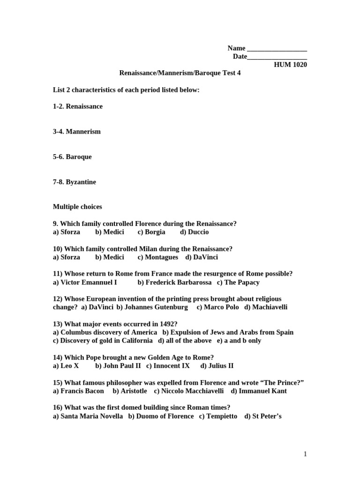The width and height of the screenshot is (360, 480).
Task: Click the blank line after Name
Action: pyautogui.click(x=277, y=49)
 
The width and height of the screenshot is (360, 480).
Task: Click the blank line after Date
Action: pyautogui.click(x=277, y=57)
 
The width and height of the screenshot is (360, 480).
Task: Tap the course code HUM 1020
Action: pyautogui.click(x=291, y=65)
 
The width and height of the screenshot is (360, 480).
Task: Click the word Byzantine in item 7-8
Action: pyautogui.click(x=81, y=182)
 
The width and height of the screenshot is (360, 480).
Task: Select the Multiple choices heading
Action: pyautogui.click(x=77, y=207)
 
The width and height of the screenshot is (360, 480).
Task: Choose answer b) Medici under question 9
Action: pyautogui.click(x=110, y=232)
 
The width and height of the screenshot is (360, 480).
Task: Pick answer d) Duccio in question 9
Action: pyautogui.click(x=194, y=232)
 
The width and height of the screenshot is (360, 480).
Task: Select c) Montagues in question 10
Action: pyautogui.click(x=158, y=257)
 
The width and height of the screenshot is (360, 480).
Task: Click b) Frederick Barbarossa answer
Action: pyautogui.click(x=174, y=283)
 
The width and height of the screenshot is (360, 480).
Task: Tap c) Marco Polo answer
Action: pyautogui.click(x=217, y=307)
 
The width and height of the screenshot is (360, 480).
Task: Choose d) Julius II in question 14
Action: pyautogui.click(x=217, y=366)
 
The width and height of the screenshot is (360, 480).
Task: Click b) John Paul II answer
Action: pyautogui.click(x=118, y=366)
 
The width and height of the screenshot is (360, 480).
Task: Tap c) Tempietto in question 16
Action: pyautogui.click(x=218, y=416)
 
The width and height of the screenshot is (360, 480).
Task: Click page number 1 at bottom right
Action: pyautogui.click(x=305, y=454)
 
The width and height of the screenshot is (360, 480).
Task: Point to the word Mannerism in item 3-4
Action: pyautogui.click(x=83, y=132)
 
